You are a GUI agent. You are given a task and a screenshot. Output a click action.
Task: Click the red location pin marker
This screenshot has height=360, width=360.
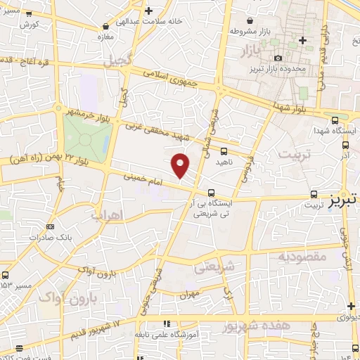181,165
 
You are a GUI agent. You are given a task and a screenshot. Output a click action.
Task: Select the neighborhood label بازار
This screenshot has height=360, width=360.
247,53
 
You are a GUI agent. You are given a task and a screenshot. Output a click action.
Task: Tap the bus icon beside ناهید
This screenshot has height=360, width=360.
224,151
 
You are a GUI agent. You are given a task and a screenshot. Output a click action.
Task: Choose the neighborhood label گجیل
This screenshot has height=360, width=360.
118,61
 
